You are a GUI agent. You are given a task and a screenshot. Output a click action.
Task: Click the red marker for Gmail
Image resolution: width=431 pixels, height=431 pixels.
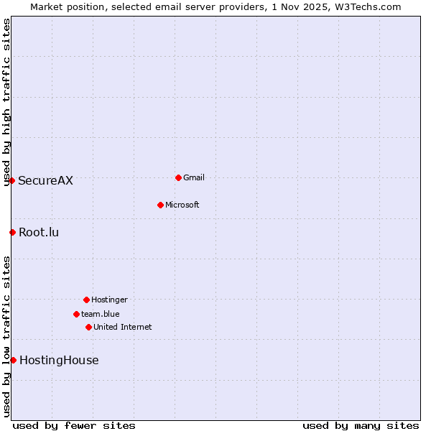pyautogui.click(x=178, y=177)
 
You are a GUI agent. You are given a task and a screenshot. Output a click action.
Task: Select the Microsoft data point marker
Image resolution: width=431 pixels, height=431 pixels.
pyautogui.click(x=160, y=205)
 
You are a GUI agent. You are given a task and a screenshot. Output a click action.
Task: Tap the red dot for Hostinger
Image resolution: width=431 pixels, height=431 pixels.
pyautogui.click(x=86, y=300)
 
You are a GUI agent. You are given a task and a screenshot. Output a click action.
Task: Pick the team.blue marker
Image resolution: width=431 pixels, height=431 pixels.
pyautogui.click(x=76, y=314)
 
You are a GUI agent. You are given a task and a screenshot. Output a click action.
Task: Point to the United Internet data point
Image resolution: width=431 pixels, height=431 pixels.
pyautogui.click(x=88, y=327)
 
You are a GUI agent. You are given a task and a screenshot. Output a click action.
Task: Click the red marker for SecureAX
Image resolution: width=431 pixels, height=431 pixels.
pyautogui.click(x=12, y=180)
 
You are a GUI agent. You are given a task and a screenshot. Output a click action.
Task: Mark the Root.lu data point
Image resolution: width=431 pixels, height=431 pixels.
pyautogui.click(x=12, y=232)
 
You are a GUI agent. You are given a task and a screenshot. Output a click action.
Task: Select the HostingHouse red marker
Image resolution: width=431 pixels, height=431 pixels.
pyautogui.click(x=13, y=360)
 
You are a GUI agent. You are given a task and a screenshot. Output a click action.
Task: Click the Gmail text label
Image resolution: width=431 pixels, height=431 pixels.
pyautogui.click(x=194, y=177)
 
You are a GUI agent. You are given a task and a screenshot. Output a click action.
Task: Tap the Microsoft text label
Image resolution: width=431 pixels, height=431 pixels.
pyautogui.click(x=182, y=205)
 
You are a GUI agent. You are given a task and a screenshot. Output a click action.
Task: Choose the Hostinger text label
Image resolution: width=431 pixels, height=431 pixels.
pyautogui.click(x=109, y=300)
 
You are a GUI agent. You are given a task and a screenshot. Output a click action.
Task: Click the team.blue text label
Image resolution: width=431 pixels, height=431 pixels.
pyautogui.click(x=101, y=314)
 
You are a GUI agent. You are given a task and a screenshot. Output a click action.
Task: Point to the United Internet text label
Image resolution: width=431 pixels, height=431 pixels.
pyautogui.click(x=123, y=327)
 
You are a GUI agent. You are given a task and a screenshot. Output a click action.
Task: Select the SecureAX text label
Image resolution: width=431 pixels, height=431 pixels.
pyautogui.click(x=46, y=180)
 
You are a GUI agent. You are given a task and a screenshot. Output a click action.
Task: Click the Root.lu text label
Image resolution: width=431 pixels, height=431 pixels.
pyautogui.click(x=40, y=232)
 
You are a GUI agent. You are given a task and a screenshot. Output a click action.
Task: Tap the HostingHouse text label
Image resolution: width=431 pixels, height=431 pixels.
pyautogui.click(x=59, y=360)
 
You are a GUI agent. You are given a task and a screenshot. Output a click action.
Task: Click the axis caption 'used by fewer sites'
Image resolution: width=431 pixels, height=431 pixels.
pyautogui.click(x=74, y=425)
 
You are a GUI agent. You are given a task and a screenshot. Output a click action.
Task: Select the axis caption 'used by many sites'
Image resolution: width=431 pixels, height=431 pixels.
pyautogui.click(x=361, y=425)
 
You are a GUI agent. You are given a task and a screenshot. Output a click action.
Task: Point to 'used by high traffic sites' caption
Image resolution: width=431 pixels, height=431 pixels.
pyautogui.click(x=6, y=102)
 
